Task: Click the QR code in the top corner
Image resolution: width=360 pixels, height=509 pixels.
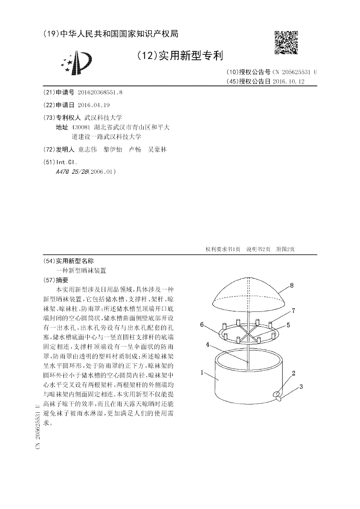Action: click(x=286, y=42)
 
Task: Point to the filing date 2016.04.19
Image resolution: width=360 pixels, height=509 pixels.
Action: click(x=94, y=105)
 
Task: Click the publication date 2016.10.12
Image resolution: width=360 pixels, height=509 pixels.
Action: click(x=288, y=81)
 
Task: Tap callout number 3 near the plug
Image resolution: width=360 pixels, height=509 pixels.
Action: click(x=301, y=386)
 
